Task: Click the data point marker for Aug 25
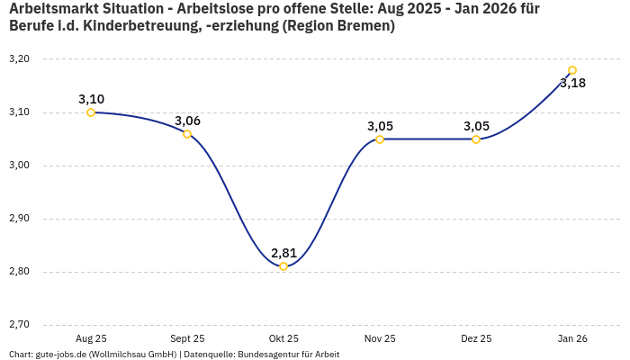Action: coord(91,112)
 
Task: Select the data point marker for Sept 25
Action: coord(187,134)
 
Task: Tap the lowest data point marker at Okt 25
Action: coord(283,266)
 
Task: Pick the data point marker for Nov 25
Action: coord(380,139)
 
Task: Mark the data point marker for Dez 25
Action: coord(476,139)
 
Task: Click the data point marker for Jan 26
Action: coord(572,70)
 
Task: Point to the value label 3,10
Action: coord(91,99)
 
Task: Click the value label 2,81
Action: coord(283,253)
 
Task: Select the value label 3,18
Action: coord(572,84)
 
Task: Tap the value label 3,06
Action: coord(187,121)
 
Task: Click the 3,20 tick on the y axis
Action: coord(19,59)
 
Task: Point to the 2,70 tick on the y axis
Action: coord(19,325)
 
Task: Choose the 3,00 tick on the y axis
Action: coord(19,166)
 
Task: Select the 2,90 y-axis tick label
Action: coord(19,219)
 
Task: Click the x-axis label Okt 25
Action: coord(283,338)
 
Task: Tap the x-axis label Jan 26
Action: coord(572,338)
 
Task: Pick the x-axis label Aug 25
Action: coord(91,338)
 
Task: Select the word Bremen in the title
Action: coord(364,26)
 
